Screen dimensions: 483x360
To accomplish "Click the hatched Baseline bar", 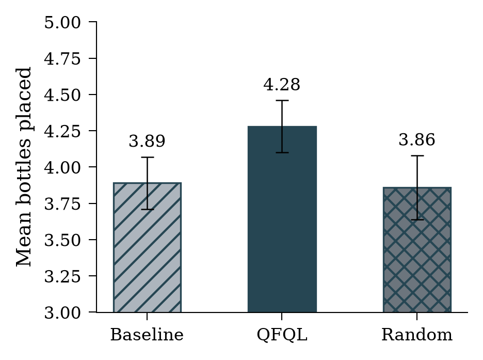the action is click(147, 247).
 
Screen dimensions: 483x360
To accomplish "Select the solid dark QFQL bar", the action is click(282, 219).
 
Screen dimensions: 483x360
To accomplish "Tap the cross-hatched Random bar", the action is click(417, 249).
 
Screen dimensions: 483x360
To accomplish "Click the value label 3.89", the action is click(147, 141).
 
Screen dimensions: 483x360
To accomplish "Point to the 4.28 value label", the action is click(282, 85).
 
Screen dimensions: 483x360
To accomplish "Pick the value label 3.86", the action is click(417, 139).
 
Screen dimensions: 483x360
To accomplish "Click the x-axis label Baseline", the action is click(147, 335).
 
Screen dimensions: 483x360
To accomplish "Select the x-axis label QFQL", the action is click(282, 335).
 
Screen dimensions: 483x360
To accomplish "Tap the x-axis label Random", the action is click(417, 335).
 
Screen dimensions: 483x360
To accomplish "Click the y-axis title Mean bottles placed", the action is click(23, 167).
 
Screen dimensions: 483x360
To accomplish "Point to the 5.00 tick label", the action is click(62, 23).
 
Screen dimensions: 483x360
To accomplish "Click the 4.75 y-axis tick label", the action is click(62, 58).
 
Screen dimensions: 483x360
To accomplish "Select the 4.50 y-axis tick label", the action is click(62, 95).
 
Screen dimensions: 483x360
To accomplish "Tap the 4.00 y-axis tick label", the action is click(62, 167).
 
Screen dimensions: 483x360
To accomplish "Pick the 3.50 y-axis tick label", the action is click(62, 240).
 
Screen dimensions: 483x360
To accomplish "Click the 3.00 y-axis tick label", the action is click(62, 313).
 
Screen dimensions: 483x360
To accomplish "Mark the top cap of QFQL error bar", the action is click(282, 101).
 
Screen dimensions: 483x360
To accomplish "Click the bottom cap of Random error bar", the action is click(417, 220).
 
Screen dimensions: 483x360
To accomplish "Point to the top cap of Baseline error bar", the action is click(147, 157).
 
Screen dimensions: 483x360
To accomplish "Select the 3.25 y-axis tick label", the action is click(62, 276).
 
